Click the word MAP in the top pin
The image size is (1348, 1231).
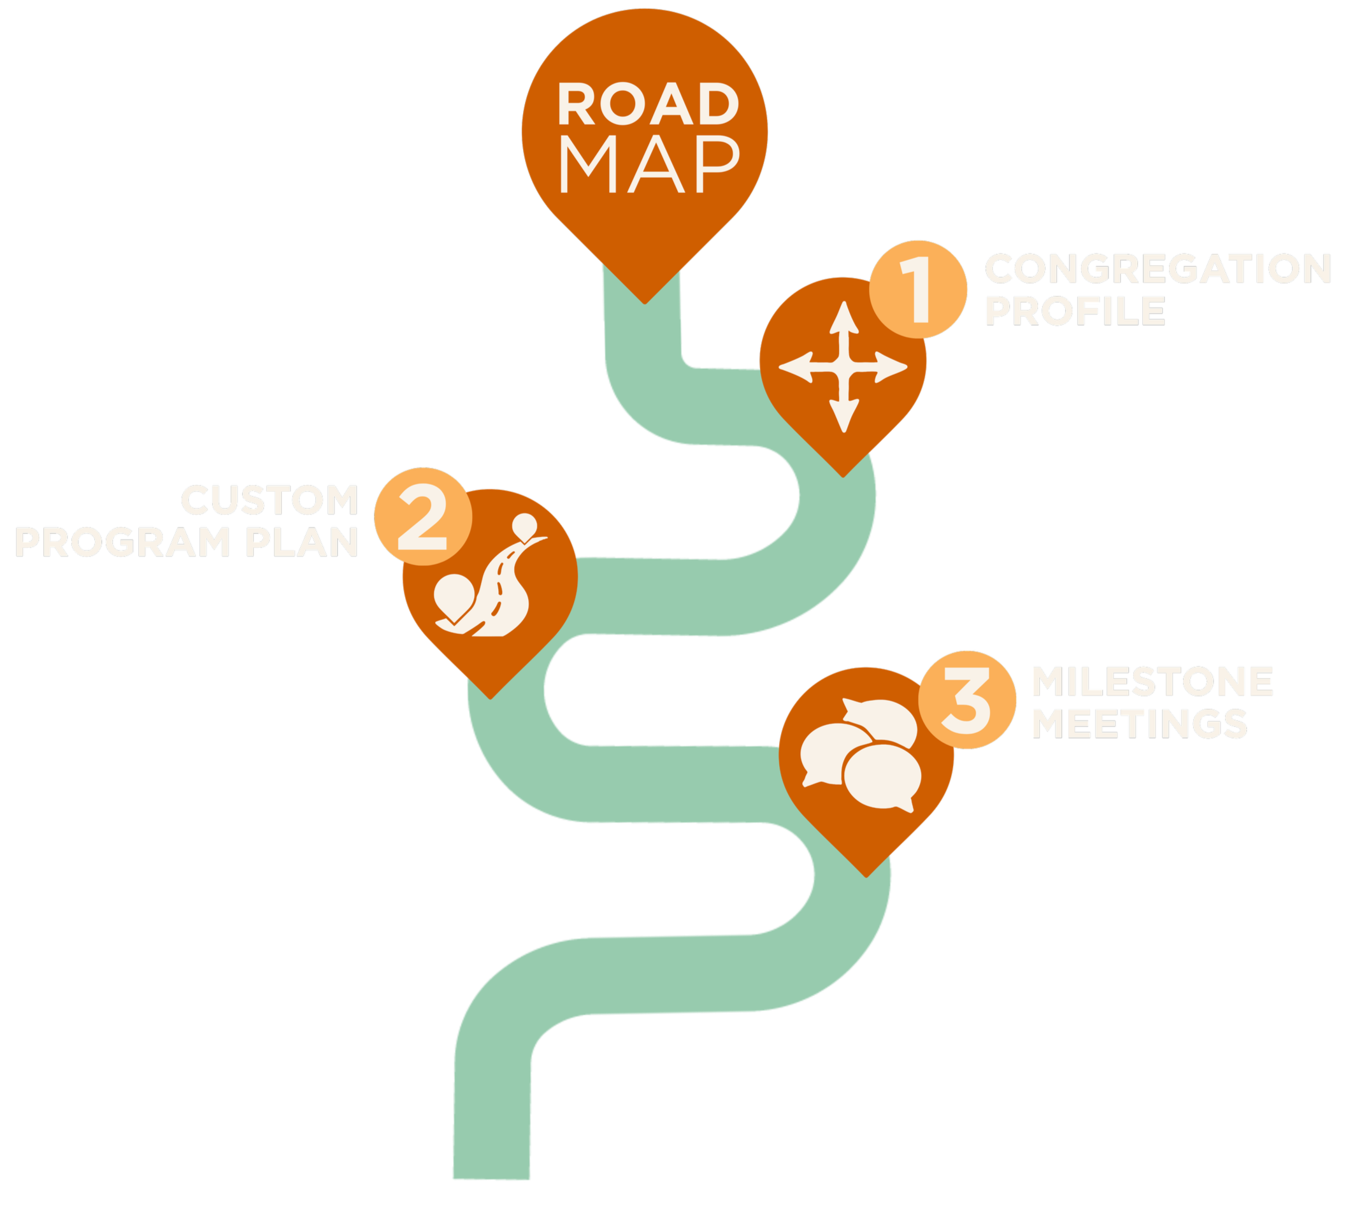(x=649, y=165)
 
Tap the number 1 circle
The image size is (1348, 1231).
(x=918, y=289)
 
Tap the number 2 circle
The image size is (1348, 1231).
(x=422, y=516)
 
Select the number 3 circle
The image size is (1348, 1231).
(x=967, y=700)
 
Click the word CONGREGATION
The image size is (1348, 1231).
(x=1158, y=269)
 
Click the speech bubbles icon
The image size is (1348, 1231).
(x=861, y=754)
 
